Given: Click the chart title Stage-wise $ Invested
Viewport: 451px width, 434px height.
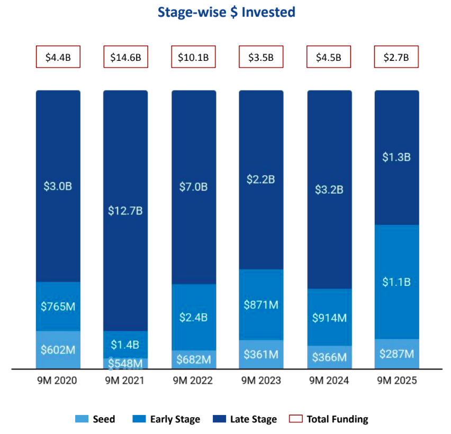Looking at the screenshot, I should pos(226,13).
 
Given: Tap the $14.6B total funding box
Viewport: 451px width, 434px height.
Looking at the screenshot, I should pos(125,57).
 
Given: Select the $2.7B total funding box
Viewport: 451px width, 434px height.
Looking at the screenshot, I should pos(396,57).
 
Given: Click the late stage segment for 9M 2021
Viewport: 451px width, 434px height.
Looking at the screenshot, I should pos(125,211).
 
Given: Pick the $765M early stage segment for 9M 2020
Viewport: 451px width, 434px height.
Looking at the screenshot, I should pos(58,306).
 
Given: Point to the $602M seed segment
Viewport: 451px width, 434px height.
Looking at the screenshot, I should pos(58,350).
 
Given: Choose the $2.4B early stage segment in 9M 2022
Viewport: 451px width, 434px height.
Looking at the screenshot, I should pos(193,318).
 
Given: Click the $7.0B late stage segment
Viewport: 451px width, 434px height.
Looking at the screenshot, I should pos(193,187).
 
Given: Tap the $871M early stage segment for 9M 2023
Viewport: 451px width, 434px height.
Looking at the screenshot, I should pos(261,305).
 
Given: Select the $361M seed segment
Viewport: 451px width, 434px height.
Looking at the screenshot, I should pos(261,354).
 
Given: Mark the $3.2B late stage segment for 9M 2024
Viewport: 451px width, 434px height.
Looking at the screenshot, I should pos(329,189).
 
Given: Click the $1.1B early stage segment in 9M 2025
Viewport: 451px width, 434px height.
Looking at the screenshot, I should pos(396,282).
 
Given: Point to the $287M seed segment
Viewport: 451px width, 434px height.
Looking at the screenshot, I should pos(396,354).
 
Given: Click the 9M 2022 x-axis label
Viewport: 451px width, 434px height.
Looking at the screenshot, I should pos(193,381).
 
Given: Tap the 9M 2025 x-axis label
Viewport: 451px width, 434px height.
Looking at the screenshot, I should pos(396,381).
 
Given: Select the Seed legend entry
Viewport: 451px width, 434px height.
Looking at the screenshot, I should pos(95,419).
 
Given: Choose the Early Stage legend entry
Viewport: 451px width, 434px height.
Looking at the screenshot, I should pos(167,419).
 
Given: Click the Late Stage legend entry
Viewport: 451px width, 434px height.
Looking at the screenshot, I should pos(246,419).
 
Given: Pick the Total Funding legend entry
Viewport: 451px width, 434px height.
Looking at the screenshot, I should pos(329,419).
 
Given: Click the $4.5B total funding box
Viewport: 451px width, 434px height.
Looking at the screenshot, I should pos(329,57).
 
